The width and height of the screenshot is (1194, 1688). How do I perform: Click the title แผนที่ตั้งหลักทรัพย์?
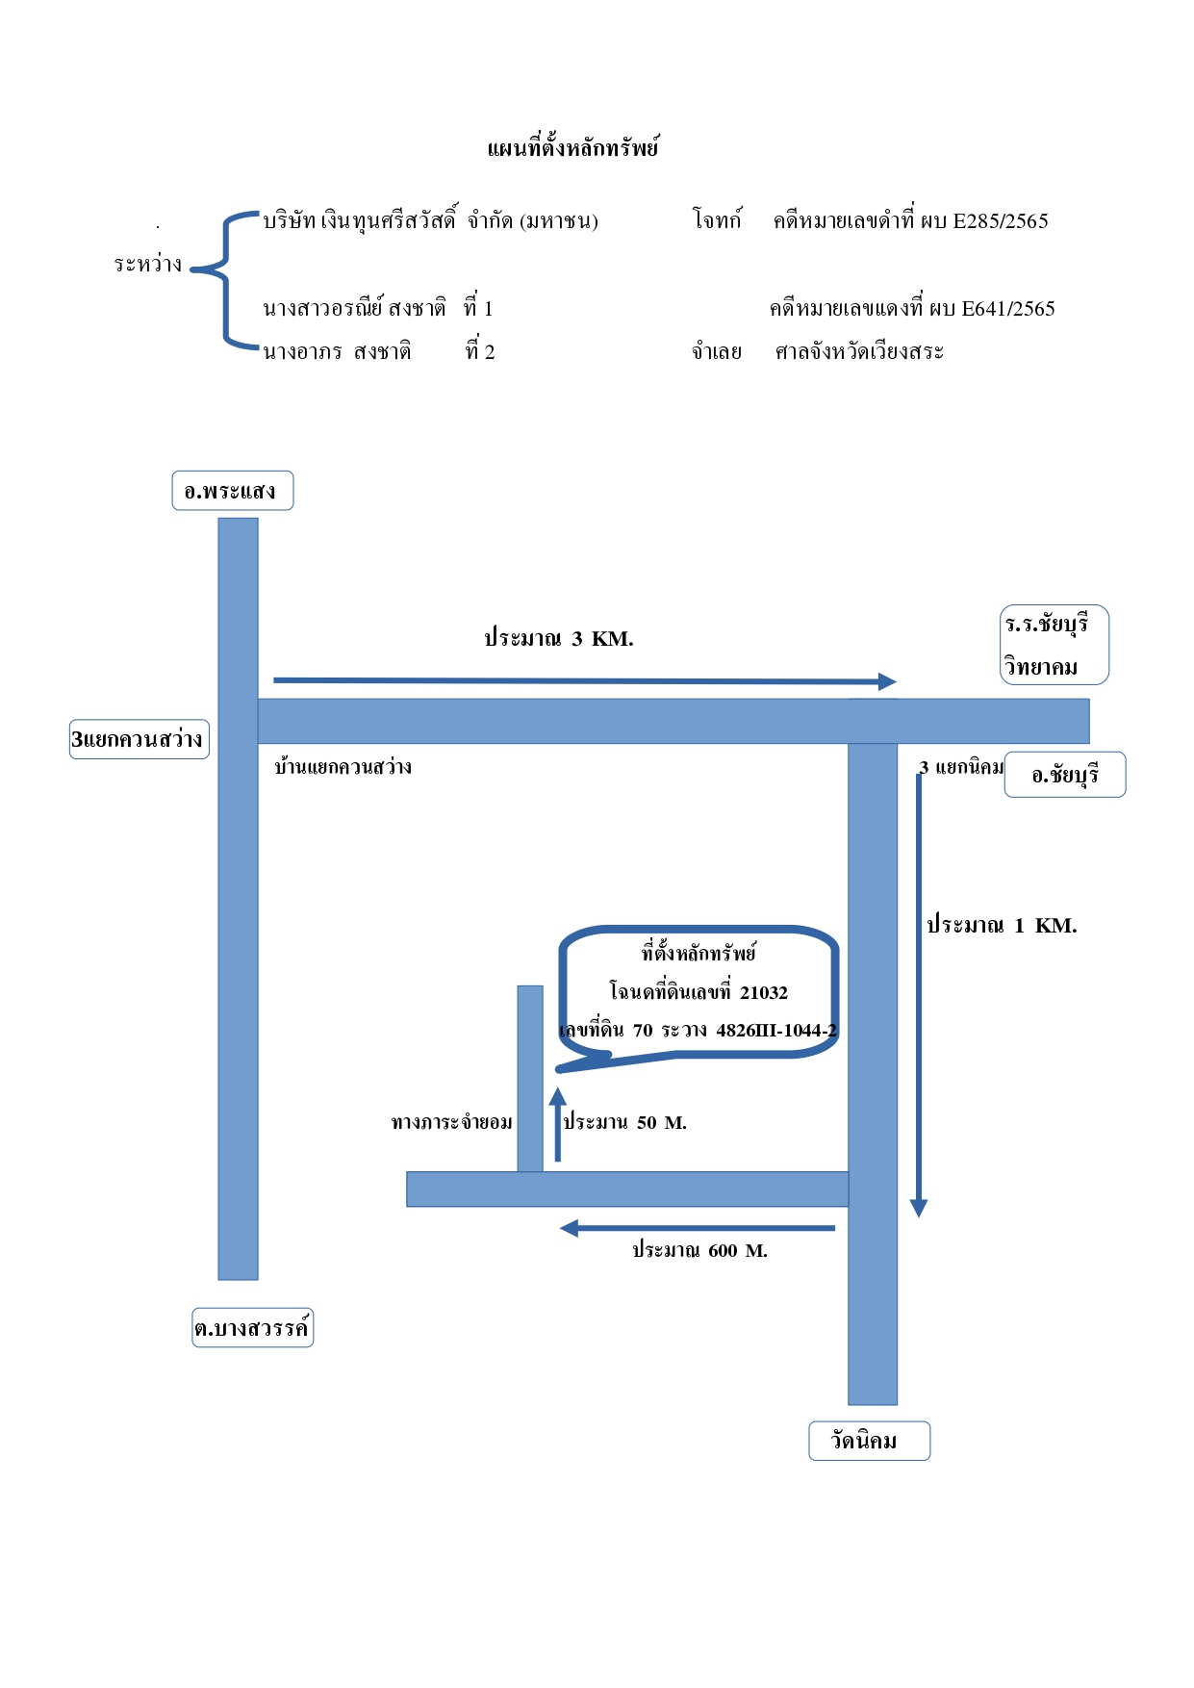(573, 147)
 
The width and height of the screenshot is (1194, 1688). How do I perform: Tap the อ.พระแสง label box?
(233, 491)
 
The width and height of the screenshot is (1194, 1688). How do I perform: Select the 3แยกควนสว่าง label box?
(140, 739)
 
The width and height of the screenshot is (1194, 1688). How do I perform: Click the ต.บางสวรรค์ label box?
(253, 1328)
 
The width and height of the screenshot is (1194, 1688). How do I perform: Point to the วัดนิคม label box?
(870, 1441)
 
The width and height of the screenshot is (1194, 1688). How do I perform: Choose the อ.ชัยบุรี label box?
(1065, 775)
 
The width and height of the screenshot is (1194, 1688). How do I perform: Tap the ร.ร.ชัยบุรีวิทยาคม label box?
(1054, 645)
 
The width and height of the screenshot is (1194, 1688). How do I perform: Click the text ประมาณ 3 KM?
(559, 639)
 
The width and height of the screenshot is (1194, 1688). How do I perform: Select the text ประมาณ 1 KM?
(1002, 926)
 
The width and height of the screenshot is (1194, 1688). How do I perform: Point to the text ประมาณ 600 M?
(699, 1251)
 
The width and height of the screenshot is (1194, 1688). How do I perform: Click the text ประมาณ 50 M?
(624, 1122)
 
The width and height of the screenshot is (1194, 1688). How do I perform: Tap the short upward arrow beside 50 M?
(557, 1124)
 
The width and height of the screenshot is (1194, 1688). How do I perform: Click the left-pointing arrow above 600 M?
(698, 1228)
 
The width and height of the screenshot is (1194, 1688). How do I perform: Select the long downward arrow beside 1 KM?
(919, 995)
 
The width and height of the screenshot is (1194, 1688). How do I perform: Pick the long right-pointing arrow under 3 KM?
(585, 681)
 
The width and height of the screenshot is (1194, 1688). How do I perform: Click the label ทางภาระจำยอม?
(452, 1122)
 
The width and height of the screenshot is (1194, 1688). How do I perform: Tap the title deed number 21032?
(764, 992)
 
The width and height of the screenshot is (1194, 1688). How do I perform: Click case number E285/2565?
(1001, 221)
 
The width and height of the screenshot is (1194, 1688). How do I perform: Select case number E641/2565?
(1008, 309)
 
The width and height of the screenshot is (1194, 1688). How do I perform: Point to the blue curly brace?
(225, 279)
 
